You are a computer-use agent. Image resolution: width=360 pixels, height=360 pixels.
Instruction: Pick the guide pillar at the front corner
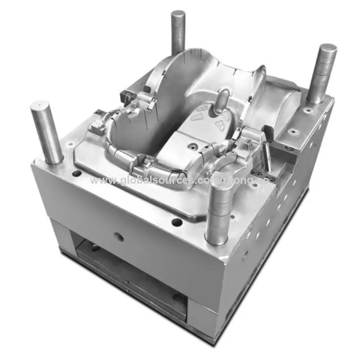[x=216, y=214]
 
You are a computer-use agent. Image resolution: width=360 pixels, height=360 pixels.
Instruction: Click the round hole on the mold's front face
[x=118, y=236]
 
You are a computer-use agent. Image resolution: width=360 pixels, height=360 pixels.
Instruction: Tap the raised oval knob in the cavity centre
[x=223, y=99]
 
